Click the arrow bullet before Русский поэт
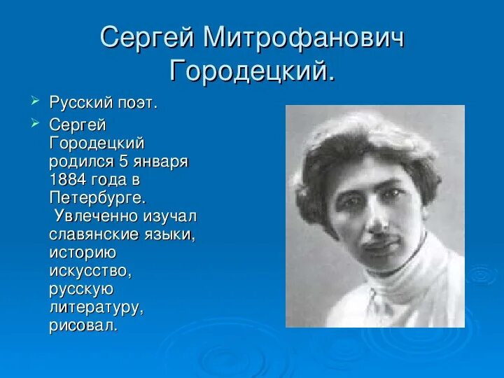pos(36,102)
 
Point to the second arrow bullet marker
pos(36,124)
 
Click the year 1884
pos(69,179)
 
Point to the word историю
pos(83,252)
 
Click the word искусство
pos(90,270)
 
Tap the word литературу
pos(96,307)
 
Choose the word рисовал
pos(84,325)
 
